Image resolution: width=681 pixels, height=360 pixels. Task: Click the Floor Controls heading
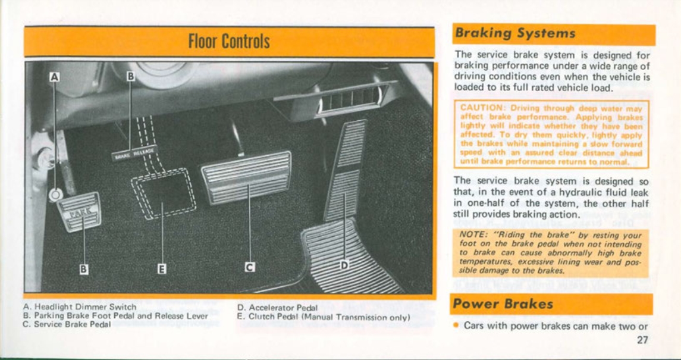click(x=229, y=41)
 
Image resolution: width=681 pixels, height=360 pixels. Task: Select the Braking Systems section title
click(x=515, y=34)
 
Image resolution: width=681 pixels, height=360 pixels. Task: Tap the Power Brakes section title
click(x=503, y=304)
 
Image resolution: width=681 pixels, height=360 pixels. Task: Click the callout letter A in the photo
click(x=54, y=76)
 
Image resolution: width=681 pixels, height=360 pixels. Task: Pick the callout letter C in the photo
click(x=250, y=268)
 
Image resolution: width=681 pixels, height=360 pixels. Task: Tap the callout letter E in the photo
click(x=162, y=268)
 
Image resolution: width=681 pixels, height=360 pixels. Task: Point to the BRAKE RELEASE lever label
click(x=135, y=152)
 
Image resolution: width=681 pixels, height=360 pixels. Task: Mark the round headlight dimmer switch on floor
click(x=55, y=194)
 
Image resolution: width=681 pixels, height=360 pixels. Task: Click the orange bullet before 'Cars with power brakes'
click(x=456, y=325)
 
